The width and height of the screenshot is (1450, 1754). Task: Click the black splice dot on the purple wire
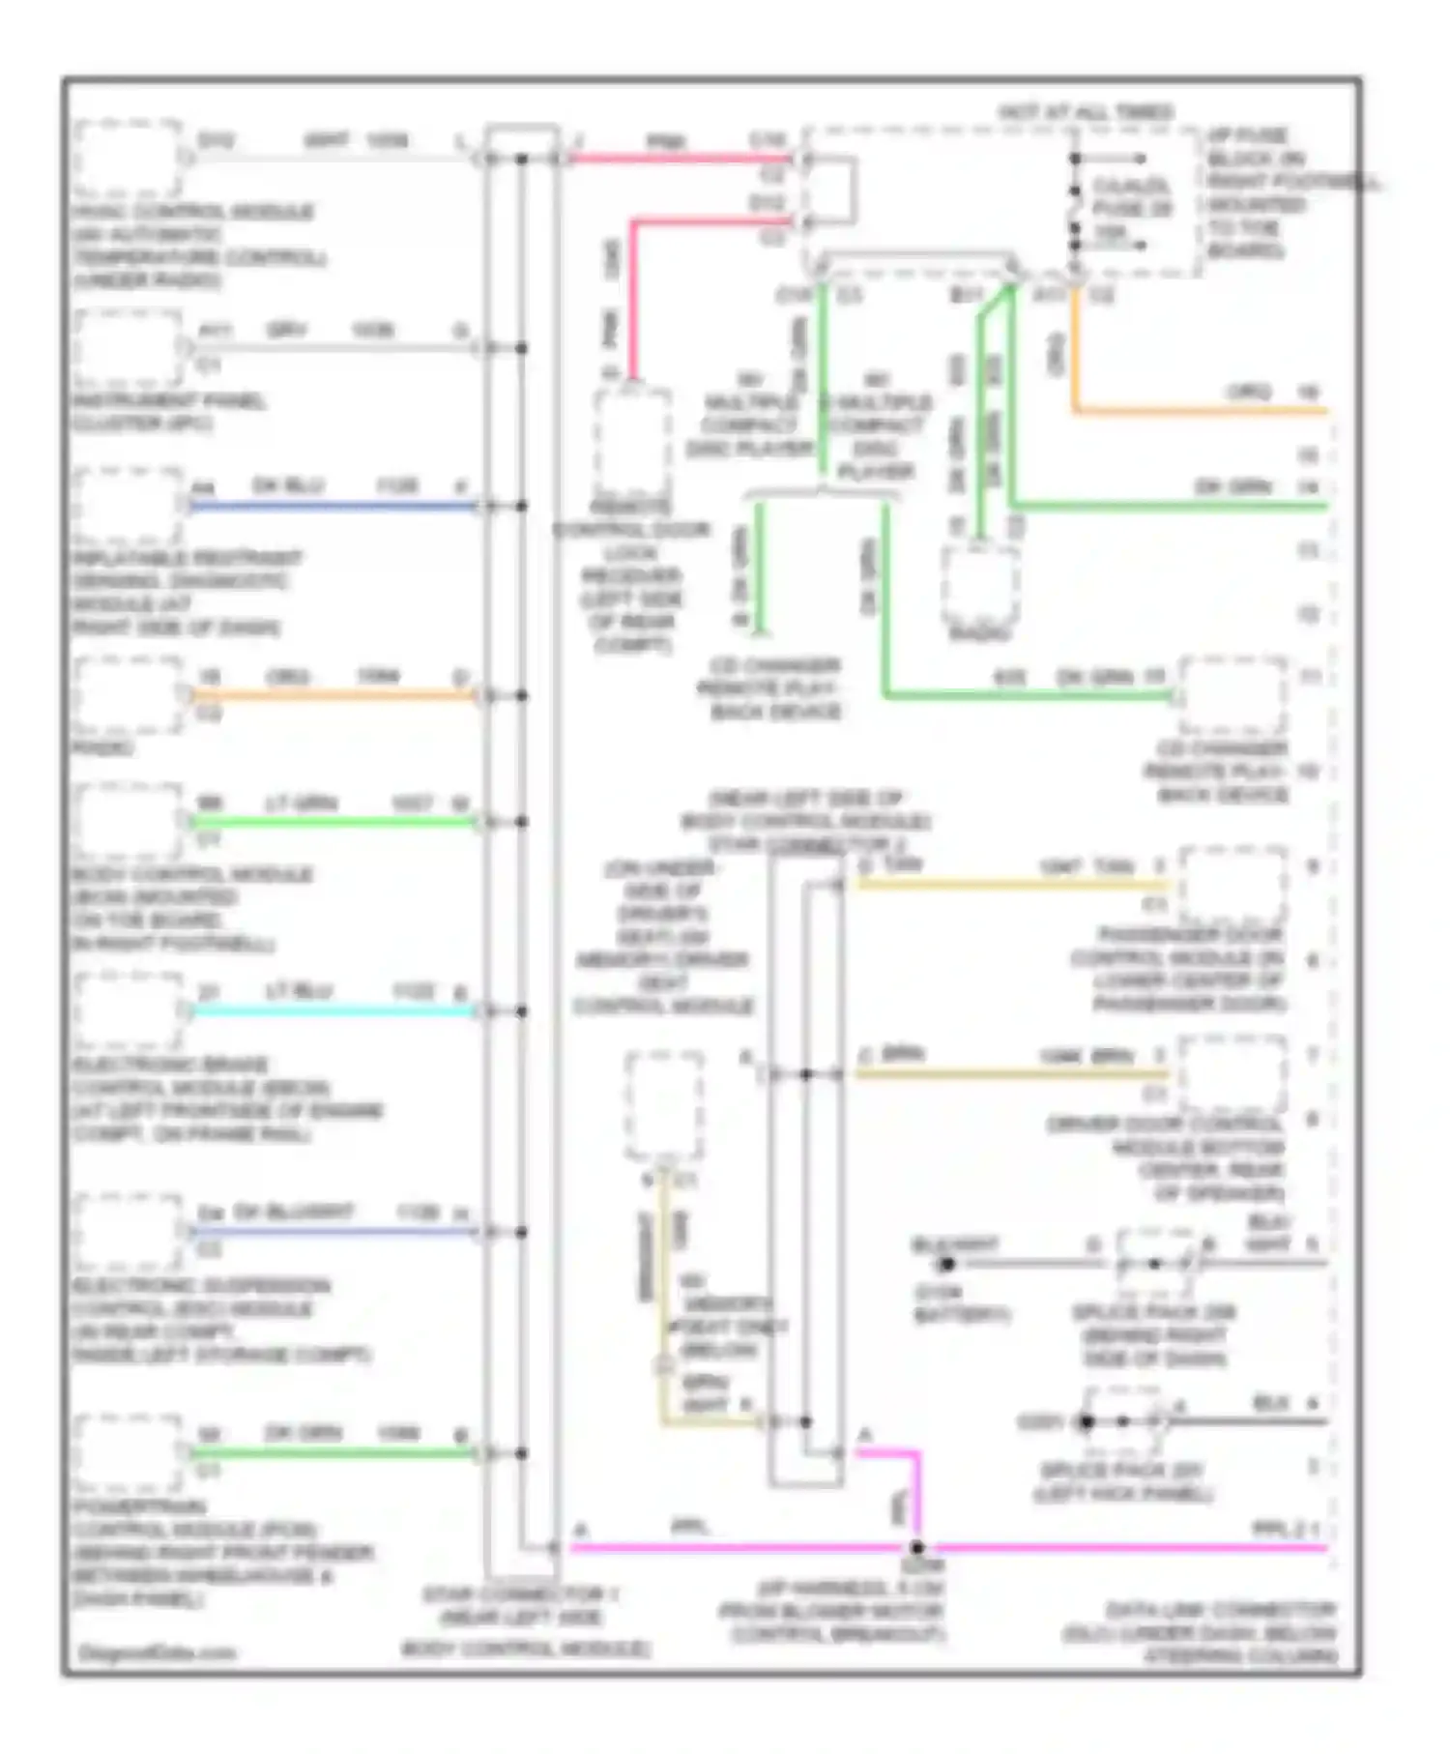pyautogui.click(x=916, y=1547)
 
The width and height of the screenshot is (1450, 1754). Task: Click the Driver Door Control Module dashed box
pyautogui.click(x=1232, y=1073)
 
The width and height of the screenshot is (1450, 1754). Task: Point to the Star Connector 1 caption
pyautogui.click(x=522, y=1621)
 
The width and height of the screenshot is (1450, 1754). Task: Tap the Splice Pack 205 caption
pyautogui.click(x=1154, y=1335)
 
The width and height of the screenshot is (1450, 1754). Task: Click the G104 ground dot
pyautogui.click(x=946, y=1263)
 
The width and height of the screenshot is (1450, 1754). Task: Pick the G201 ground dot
pyautogui.click(x=1087, y=1421)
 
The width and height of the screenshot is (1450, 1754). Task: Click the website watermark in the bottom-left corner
pyautogui.click(x=157, y=1652)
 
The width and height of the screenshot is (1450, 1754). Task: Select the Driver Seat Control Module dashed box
pyautogui.click(x=664, y=1105)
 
